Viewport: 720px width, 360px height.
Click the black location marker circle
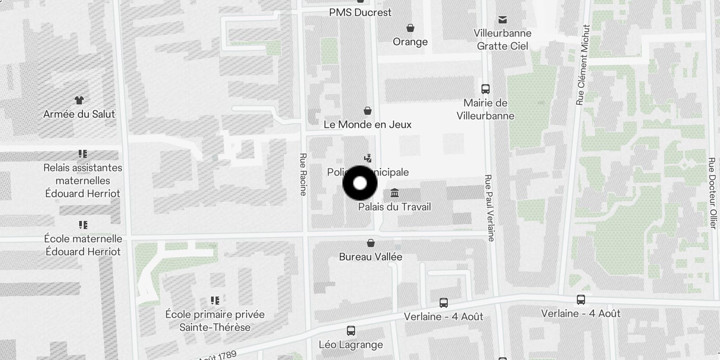click(360, 183)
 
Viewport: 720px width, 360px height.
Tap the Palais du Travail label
click(394, 207)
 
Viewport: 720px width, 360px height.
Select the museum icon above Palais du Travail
click(395, 193)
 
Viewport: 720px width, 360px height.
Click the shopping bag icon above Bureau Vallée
click(371, 243)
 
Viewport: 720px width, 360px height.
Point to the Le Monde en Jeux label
click(368, 125)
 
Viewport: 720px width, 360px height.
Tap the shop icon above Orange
click(410, 28)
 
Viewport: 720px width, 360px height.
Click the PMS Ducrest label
click(360, 13)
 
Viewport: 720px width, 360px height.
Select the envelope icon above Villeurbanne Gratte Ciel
click(503, 19)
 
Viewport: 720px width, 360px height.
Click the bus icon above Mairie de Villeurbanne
click(485, 89)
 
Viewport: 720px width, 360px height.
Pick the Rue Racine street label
click(303, 174)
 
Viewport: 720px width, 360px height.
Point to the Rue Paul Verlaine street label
click(489, 207)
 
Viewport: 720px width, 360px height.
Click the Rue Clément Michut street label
click(583, 65)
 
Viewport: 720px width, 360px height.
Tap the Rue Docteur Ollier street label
click(711, 193)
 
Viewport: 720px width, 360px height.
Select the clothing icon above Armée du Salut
click(79, 100)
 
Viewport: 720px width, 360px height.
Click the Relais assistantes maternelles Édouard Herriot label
click(83, 180)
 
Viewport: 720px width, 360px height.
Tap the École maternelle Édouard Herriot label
click(83, 245)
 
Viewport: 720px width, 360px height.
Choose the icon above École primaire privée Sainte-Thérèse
click(215, 300)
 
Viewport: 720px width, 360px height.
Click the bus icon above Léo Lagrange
click(351, 331)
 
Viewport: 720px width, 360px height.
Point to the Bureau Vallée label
click(371, 257)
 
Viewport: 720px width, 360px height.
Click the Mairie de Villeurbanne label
click(485, 109)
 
